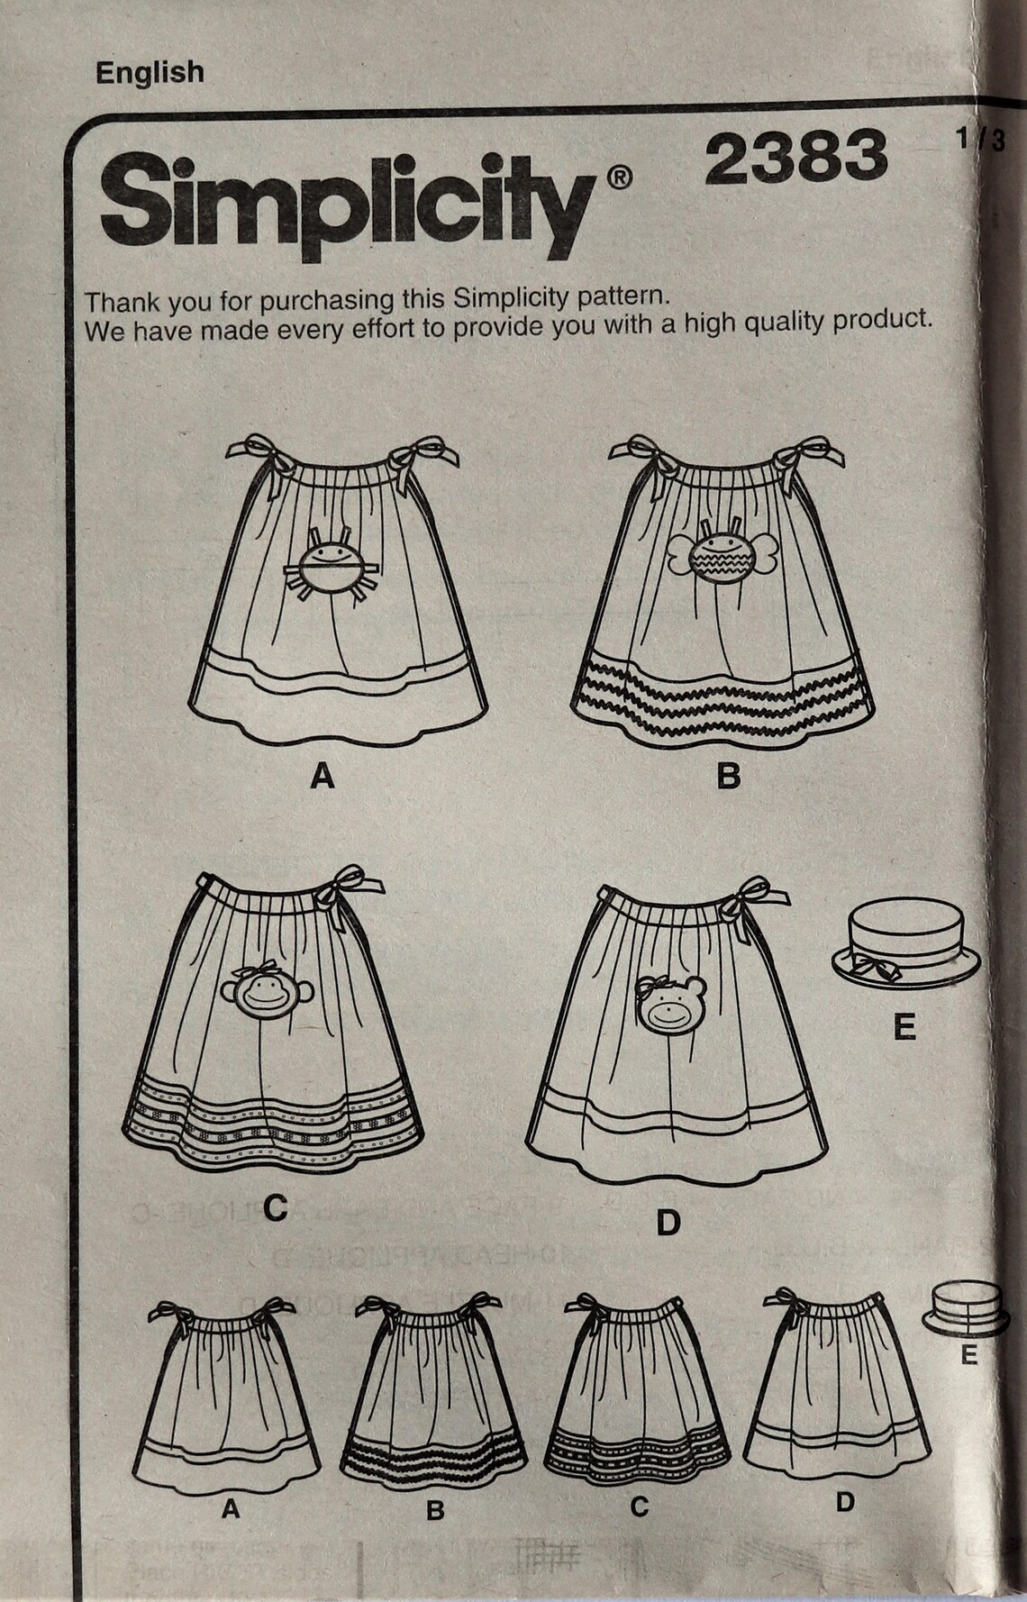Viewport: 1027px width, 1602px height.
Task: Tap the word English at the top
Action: [150, 72]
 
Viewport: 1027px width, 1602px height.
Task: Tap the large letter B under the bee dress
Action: [728, 776]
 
